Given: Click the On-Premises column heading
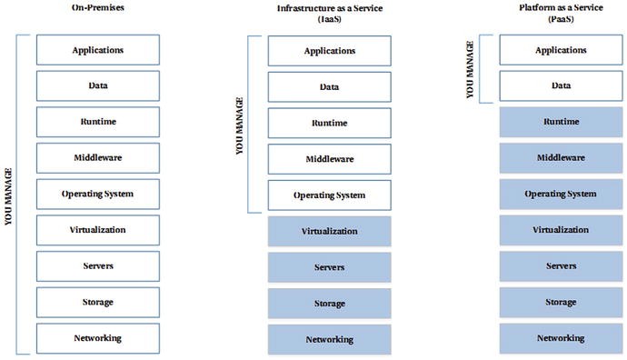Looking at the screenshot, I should tap(97, 7).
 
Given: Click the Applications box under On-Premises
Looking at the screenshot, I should tap(98, 50).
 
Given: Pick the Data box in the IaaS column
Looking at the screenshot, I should tap(329, 87).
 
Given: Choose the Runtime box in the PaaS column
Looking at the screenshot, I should tap(560, 122).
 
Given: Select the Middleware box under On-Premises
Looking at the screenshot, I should tap(98, 158).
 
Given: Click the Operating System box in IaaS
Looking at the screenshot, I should tap(329, 195).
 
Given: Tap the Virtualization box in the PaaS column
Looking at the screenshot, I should tap(560, 230).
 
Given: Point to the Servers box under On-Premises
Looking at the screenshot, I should tap(98, 266).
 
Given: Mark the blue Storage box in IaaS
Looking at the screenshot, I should tap(329, 304).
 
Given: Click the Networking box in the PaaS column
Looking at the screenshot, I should tap(560, 338).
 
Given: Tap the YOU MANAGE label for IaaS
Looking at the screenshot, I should tap(240, 125).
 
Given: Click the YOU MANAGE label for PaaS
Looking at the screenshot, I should tap(470, 68).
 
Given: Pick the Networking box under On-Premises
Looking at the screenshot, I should tap(98, 338).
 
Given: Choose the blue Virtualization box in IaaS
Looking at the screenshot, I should tap(329, 232).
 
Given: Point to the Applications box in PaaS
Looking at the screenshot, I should tap(560, 50).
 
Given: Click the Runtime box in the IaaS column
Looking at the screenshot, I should tap(329, 123).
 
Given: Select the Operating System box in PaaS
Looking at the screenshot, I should tap(560, 194).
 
